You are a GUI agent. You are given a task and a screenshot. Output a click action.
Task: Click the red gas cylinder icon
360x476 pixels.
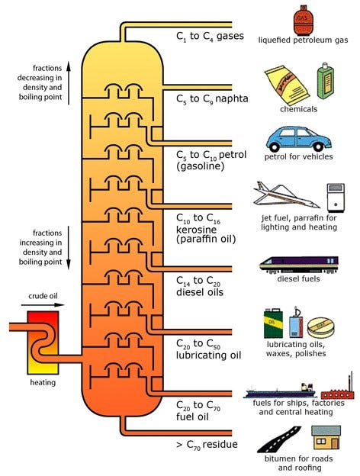click(302, 20)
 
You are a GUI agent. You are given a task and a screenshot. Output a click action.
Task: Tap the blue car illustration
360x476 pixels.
click(299, 139)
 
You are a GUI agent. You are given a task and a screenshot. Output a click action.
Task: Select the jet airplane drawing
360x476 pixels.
click(286, 195)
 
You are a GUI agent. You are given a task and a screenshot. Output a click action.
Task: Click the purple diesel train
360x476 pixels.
click(299, 264)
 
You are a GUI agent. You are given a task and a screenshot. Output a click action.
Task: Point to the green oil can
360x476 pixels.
click(273, 323)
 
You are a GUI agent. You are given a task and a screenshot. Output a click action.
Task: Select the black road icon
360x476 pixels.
click(279, 439)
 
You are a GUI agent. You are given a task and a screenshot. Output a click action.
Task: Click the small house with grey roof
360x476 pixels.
click(326, 437)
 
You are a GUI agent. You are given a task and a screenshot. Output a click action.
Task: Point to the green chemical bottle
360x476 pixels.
click(326, 81)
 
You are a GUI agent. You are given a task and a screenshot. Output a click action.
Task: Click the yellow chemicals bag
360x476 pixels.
click(287, 85)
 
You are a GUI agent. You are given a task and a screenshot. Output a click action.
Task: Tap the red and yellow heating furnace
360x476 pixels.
click(43, 343)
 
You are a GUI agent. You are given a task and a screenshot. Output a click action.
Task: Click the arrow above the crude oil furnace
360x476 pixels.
click(43, 305)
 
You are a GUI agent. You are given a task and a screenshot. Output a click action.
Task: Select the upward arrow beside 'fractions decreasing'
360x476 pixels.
click(69, 83)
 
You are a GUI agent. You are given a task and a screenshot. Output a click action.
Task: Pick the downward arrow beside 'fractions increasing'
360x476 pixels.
click(69, 248)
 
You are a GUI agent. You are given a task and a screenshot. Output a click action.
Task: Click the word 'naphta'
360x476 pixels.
click(232, 99)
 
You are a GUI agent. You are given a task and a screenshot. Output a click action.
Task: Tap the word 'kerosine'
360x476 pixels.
click(196, 229)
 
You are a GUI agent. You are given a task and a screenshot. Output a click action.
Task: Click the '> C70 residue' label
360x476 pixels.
click(207, 445)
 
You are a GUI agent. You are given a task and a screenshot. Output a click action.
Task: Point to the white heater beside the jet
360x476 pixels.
click(336, 198)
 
